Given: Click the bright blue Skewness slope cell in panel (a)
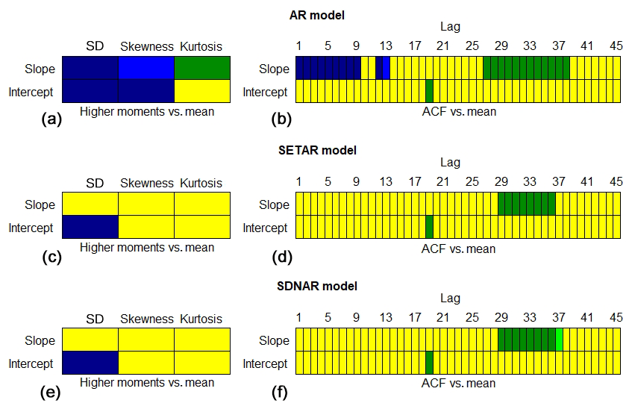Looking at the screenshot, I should tap(146, 68).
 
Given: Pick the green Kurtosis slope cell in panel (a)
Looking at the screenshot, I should tap(202, 68).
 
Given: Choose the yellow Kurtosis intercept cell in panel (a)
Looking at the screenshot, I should tap(202, 91).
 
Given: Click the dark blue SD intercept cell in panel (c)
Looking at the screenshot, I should tap(90, 227).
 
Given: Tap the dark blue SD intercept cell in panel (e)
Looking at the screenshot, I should tap(90, 363).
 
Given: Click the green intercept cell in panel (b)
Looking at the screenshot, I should tap(430, 91).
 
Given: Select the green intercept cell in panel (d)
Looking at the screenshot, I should tap(430, 227).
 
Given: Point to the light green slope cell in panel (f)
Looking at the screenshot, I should tap(560, 340).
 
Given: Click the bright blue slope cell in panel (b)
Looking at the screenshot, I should tap(387, 68).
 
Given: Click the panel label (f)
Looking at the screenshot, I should tap(281, 389).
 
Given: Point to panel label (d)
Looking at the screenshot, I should tap(281, 253).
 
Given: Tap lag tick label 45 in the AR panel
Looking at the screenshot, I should tap(616, 46).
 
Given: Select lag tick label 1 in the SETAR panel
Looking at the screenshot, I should tap(299, 182).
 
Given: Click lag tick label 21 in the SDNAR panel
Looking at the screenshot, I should tap(442, 318).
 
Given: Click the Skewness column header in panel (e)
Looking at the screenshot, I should tap(147, 319).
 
